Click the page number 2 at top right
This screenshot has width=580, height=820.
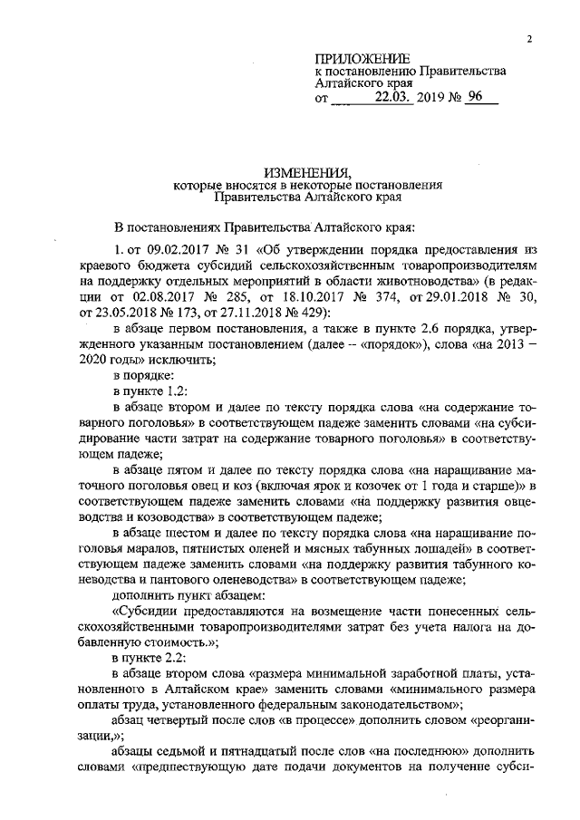point(527,38)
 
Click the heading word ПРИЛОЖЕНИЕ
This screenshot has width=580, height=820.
point(360,57)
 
